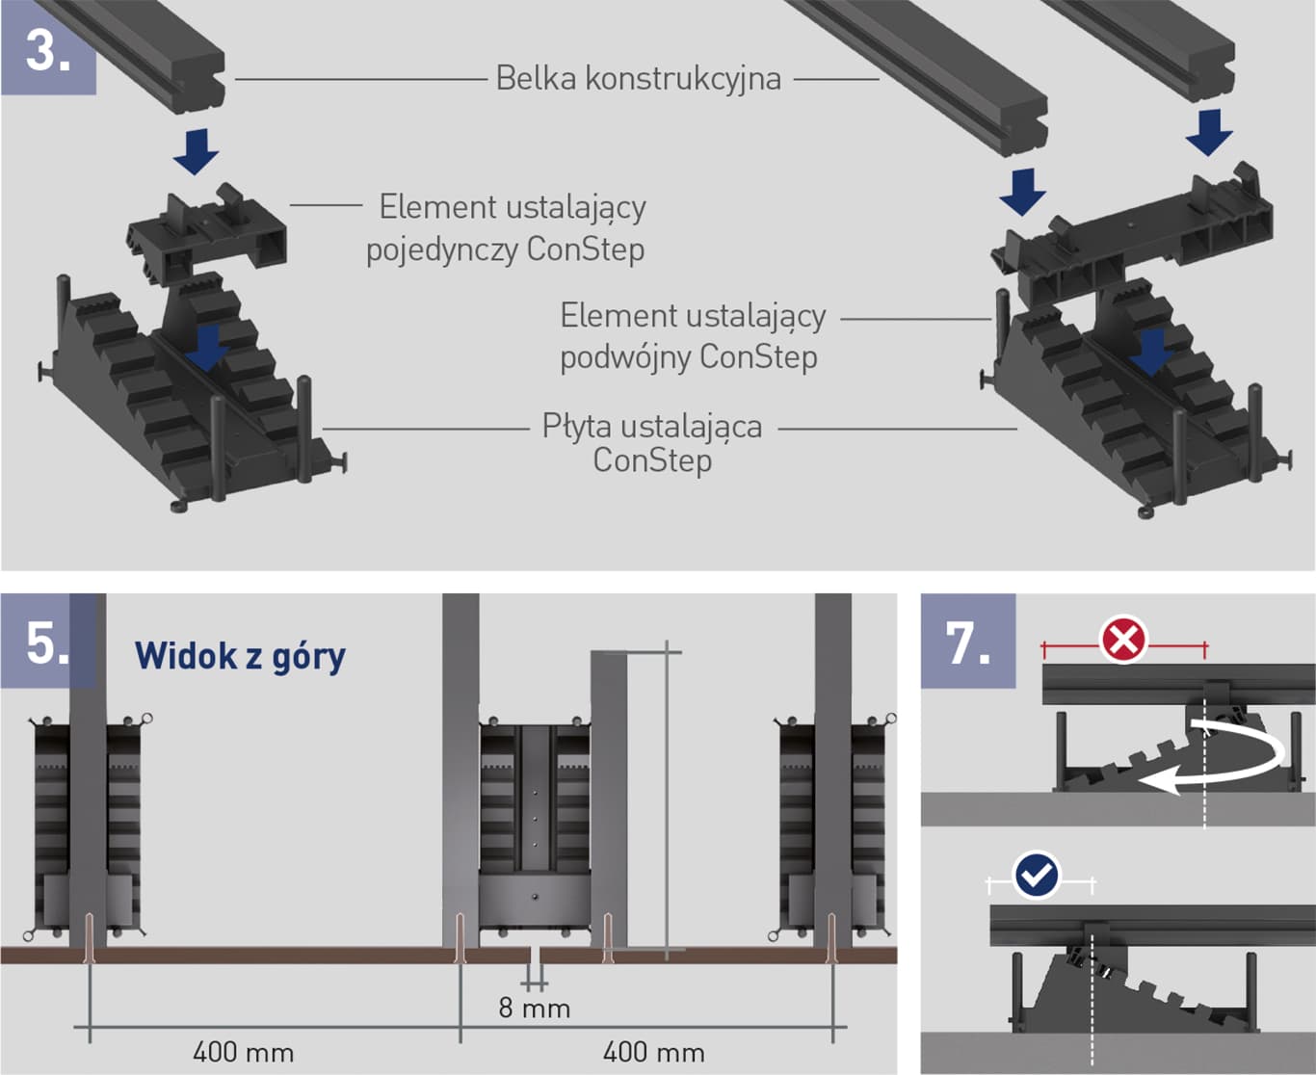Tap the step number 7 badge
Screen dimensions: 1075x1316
[x=967, y=642]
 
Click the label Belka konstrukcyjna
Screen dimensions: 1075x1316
[x=638, y=78]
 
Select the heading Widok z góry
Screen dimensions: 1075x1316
[x=240, y=657]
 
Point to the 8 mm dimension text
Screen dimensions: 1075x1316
[x=535, y=1009]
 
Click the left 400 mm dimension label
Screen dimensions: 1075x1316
[x=243, y=1051]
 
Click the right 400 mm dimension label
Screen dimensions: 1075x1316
[x=653, y=1051]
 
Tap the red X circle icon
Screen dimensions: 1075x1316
[x=1123, y=639]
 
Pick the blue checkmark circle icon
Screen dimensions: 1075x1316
[x=1037, y=876]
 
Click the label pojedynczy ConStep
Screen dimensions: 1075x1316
[x=505, y=249]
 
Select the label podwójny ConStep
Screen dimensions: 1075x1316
[x=688, y=357]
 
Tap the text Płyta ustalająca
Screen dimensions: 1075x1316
[x=651, y=426]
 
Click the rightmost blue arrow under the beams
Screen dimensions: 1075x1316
[x=1209, y=132]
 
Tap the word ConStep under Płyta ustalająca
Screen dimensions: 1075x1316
[x=652, y=460]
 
